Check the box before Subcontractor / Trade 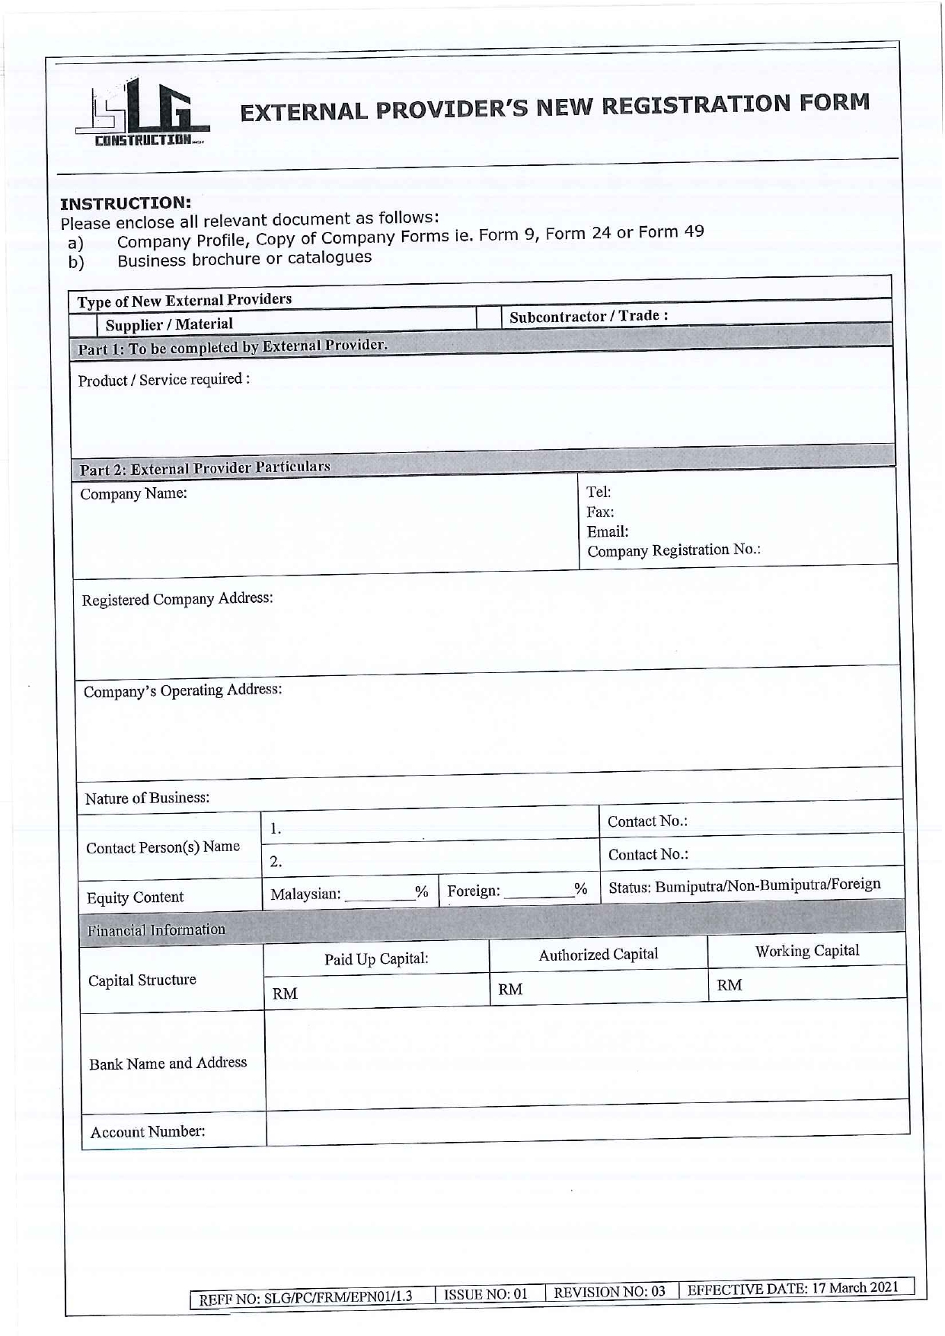(488, 317)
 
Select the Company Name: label (134, 493)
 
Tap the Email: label (607, 531)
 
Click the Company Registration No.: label (673, 550)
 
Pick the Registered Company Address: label (177, 598)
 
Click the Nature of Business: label (147, 798)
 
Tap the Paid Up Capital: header (376, 958)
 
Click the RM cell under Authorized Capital (599, 988)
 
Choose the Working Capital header (806, 951)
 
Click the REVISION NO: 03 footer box (609, 1291)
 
